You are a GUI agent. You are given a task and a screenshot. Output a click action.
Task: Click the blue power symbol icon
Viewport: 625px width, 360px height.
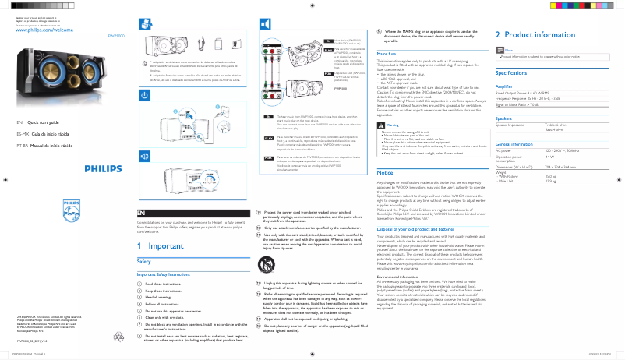pos(144,94)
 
